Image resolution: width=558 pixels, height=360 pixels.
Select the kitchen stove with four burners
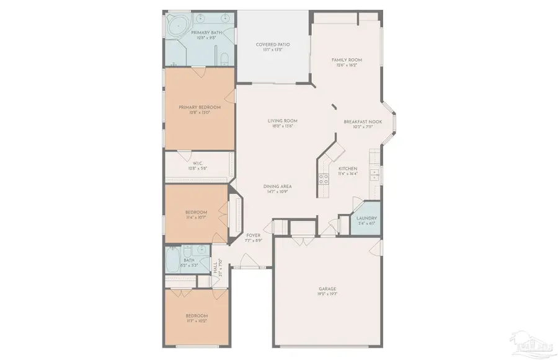pos(323,179)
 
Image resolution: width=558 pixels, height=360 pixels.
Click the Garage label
pos(327,289)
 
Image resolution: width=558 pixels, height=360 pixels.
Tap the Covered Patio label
pos(273,45)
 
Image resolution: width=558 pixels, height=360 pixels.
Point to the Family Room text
pos(347,60)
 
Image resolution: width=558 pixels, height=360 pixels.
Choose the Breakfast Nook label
pos(363,122)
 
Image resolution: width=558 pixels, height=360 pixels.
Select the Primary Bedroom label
pos(200,107)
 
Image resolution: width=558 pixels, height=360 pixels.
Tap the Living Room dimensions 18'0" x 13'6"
pos(283,126)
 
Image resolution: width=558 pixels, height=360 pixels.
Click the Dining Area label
pos(277,187)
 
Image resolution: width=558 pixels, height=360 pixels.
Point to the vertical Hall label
pos(215,269)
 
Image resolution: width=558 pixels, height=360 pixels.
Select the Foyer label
pos(253,235)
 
